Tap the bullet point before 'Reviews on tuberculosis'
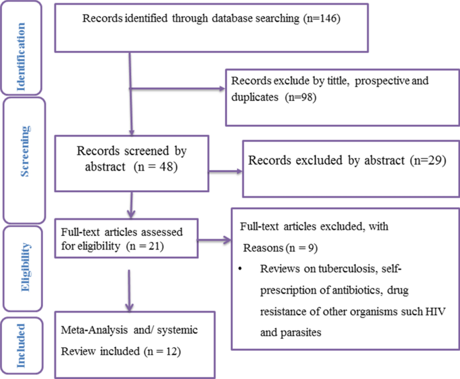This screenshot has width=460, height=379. click(x=241, y=270)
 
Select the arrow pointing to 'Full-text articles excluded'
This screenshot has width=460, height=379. click(x=216, y=239)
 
